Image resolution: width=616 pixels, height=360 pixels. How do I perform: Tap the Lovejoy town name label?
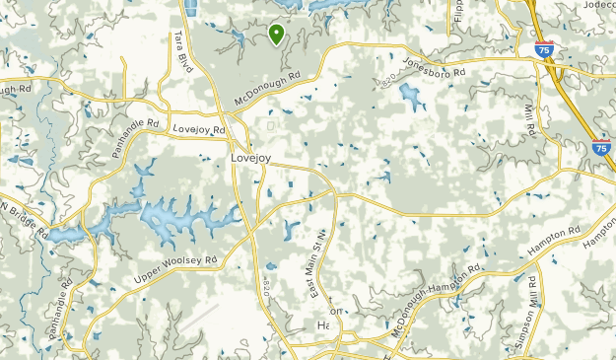click(x=249, y=157)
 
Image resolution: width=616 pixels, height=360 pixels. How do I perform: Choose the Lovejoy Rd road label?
click(x=198, y=129)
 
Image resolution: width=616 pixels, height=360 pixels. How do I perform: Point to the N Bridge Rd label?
click(x=24, y=220)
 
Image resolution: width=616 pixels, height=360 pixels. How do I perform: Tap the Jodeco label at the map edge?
click(x=597, y=5)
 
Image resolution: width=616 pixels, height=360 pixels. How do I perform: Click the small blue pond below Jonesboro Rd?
click(x=410, y=96)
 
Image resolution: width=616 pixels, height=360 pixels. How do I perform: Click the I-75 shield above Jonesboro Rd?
click(x=543, y=48)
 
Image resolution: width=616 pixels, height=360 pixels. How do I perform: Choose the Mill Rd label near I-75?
click(x=529, y=120)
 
